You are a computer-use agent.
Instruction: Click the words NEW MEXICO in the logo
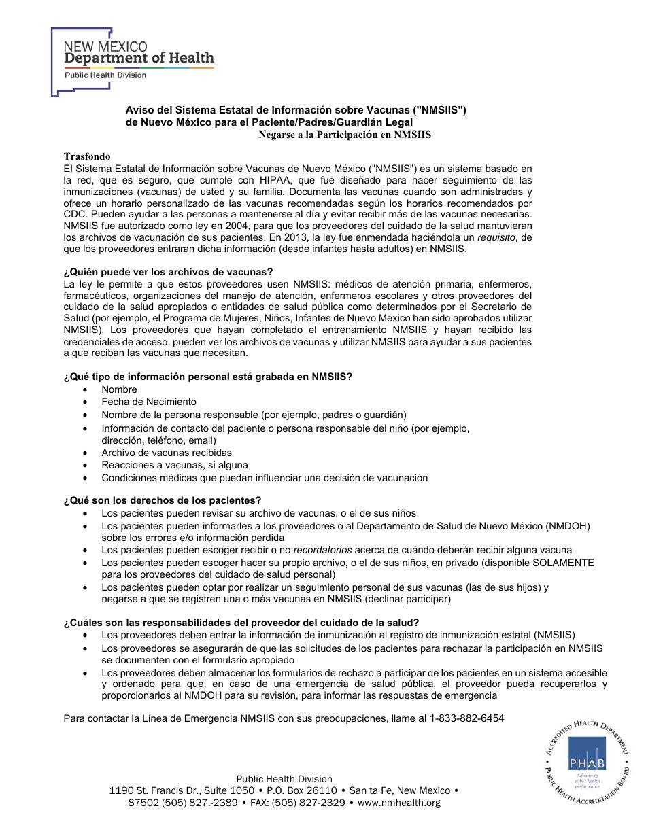tap(105, 46)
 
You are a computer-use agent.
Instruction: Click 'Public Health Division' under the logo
tap(105, 75)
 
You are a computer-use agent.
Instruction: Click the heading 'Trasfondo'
tap(87, 156)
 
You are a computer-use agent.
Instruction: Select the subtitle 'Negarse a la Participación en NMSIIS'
tap(345, 135)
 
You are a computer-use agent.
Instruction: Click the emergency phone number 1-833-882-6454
tap(466, 718)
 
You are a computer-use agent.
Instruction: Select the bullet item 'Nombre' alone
tap(119, 389)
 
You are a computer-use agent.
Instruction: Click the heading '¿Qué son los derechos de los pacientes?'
tap(162, 500)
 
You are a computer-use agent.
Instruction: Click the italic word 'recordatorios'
tap(322, 550)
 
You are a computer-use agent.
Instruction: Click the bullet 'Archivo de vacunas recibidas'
tap(167, 453)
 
